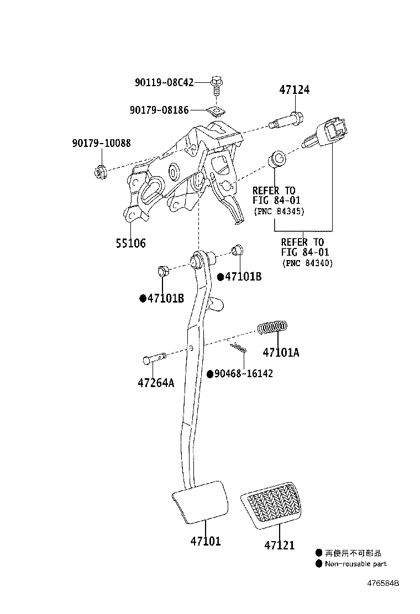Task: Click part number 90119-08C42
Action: tap(164, 83)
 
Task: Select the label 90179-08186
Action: tap(159, 110)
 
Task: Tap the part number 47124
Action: tap(294, 90)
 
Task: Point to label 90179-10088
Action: tap(102, 143)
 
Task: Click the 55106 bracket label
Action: tap(130, 243)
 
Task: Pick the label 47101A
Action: tap(281, 352)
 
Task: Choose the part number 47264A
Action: tap(156, 383)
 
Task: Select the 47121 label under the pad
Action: tap(279, 545)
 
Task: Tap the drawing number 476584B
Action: tap(383, 583)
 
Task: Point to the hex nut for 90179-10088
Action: tap(100, 172)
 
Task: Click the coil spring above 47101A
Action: tap(272, 327)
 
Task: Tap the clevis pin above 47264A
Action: tap(154, 358)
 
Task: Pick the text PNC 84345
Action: tap(279, 211)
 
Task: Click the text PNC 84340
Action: tap(308, 263)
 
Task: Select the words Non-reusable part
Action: tap(355, 564)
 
